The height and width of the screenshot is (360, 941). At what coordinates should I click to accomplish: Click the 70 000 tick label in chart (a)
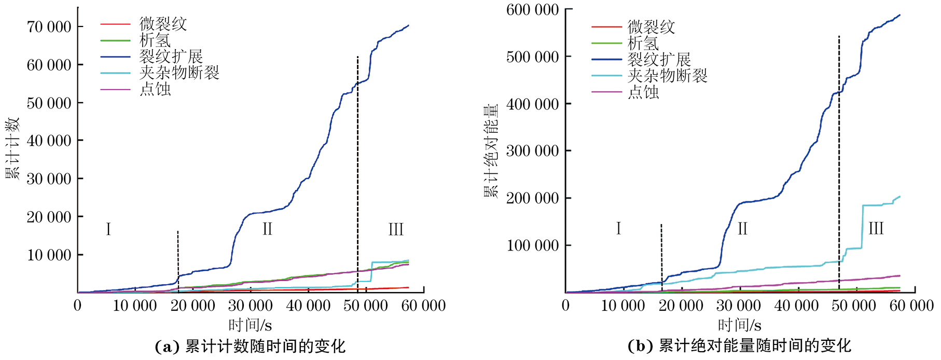click(x=49, y=27)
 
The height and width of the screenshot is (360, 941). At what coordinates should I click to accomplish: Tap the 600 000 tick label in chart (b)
click(x=532, y=10)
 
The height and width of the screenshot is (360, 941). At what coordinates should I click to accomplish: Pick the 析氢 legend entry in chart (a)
click(x=155, y=40)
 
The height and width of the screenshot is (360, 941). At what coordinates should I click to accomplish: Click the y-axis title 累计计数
click(x=12, y=148)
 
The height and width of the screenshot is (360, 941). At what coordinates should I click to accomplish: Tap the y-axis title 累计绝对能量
click(x=491, y=150)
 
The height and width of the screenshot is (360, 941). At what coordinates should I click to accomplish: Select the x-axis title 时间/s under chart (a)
click(x=250, y=325)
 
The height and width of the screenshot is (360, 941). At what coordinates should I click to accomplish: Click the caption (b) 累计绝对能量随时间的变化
click(x=739, y=346)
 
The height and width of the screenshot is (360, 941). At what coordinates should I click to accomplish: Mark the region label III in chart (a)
click(x=396, y=229)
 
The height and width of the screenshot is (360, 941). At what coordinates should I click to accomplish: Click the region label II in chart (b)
click(x=742, y=229)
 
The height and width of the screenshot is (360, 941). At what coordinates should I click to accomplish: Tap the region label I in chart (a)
click(x=108, y=229)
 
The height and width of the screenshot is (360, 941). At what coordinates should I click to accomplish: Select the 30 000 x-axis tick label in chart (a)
click(x=250, y=306)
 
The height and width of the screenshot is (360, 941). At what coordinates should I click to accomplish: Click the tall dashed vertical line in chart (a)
click(x=357, y=156)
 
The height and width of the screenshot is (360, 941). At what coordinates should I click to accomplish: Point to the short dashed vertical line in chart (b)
click(x=661, y=254)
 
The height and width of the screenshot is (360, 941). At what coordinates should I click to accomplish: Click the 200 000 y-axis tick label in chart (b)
click(x=532, y=198)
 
